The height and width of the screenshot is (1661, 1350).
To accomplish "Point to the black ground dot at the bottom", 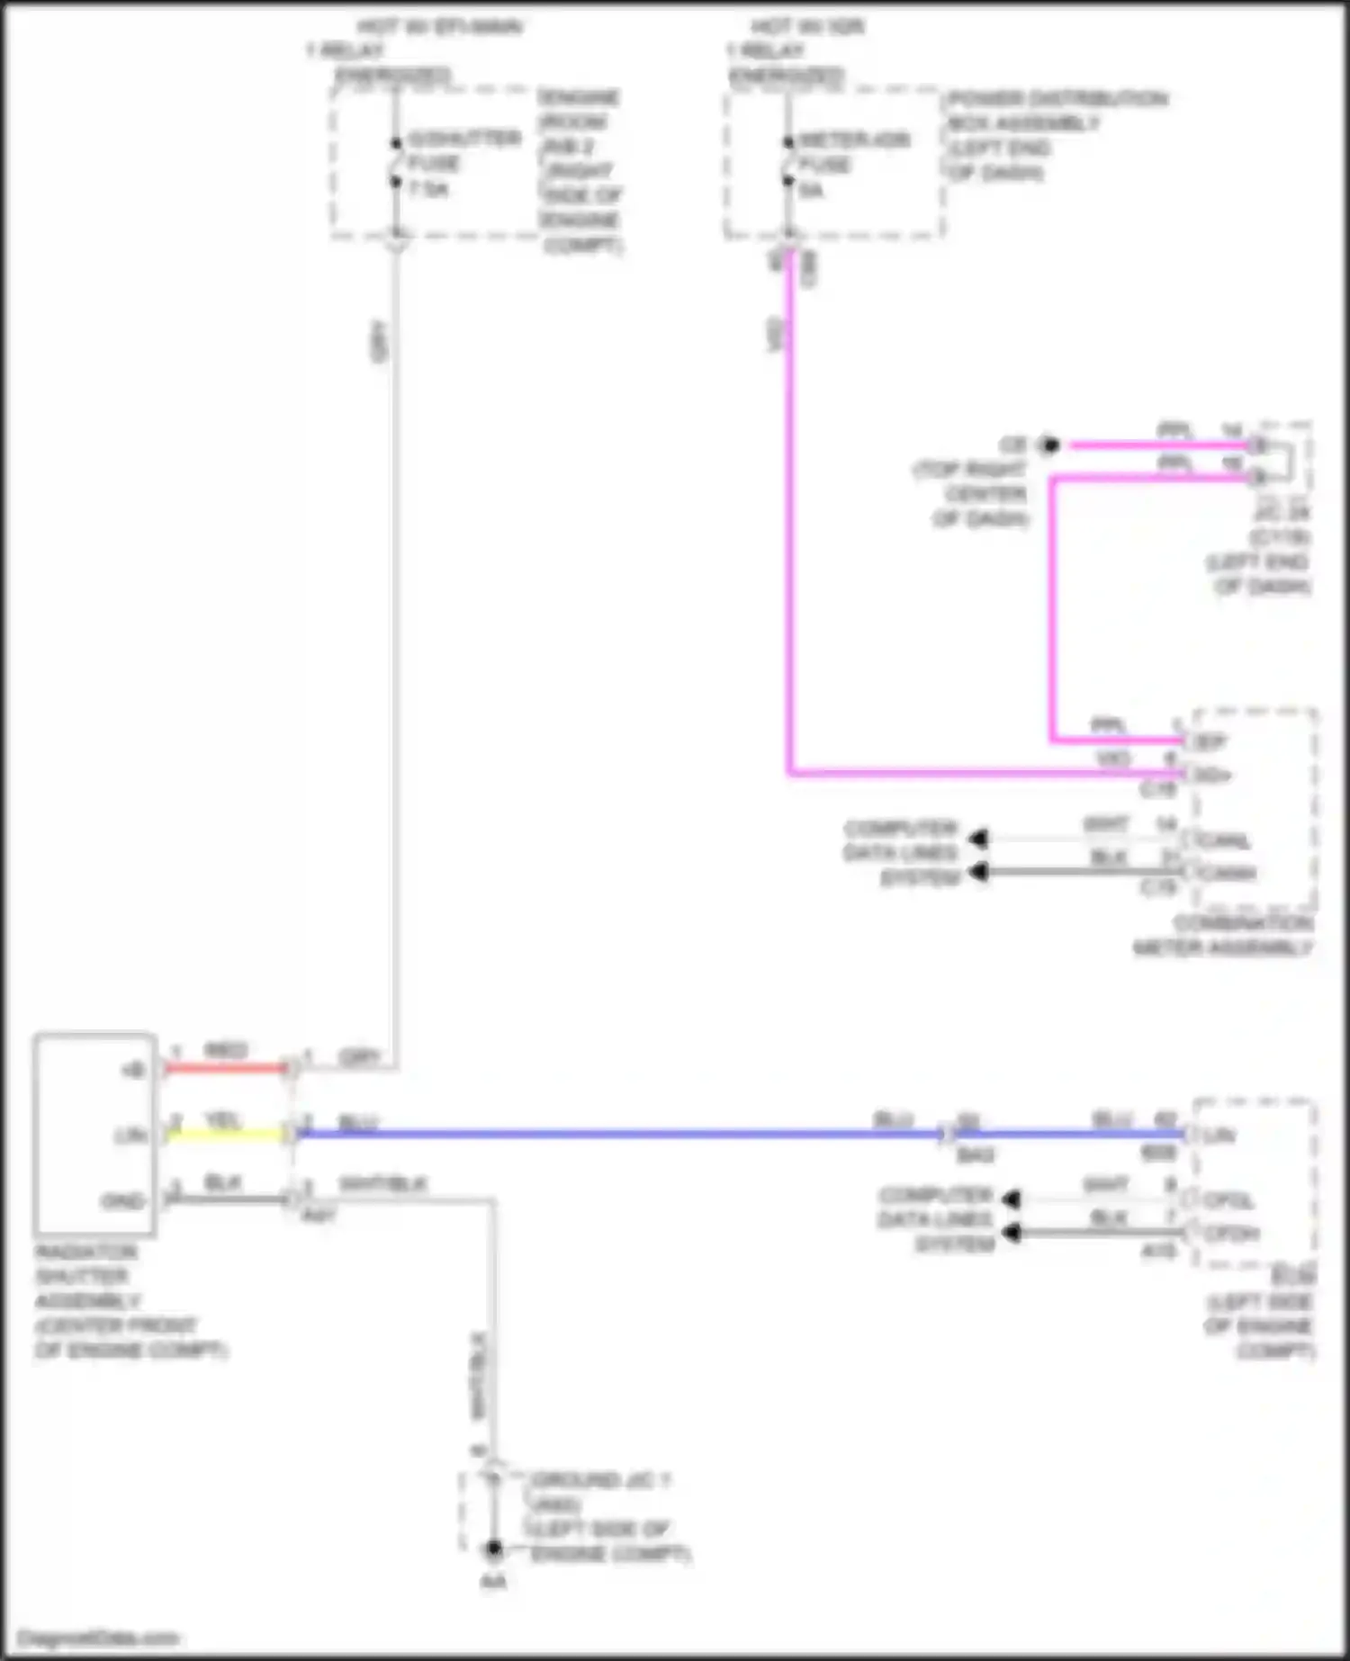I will (493, 1549).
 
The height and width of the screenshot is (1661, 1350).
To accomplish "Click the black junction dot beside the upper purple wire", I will (1048, 444).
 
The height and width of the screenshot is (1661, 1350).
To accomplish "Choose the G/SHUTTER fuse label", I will (464, 139).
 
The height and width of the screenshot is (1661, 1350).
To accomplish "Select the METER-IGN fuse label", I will (854, 140).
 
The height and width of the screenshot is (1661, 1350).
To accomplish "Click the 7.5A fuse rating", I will (429, 189).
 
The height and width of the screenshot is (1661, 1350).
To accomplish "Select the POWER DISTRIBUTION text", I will (1058, 98).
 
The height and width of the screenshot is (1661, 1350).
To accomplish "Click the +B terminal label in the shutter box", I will (132, 1070).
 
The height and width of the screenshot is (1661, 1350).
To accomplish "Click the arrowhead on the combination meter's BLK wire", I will (978, 872).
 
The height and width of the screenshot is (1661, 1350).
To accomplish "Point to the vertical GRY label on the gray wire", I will (379, 341).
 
